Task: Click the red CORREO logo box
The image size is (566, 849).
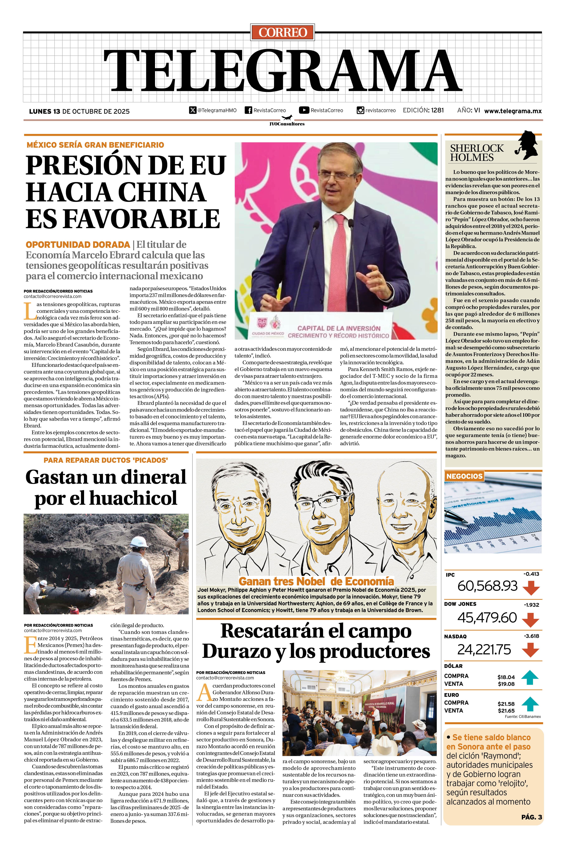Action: pos(283,32)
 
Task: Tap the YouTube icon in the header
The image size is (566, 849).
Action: pos(304,110)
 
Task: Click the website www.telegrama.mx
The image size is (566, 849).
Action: pos(513,111)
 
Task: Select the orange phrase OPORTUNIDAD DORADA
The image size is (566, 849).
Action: pos(78,244)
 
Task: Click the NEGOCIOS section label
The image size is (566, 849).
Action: pos(464,476)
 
